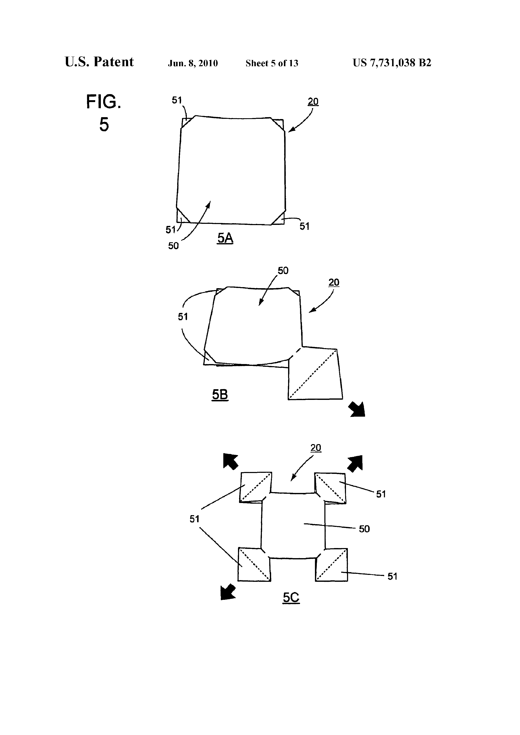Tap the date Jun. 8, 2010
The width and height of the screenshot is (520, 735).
[193, 63]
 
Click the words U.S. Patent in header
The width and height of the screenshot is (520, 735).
[99, 62]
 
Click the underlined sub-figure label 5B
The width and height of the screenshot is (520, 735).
[220, 395]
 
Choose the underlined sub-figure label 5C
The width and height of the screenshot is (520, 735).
[291, 597]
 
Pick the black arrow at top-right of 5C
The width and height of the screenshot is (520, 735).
[355, 463]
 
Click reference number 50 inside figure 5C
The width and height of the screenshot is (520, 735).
[364, 529]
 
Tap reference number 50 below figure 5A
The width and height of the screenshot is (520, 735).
[173, 246]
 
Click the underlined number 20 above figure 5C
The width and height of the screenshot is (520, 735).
[316, 448]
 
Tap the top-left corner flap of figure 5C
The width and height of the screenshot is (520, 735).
[256, 487]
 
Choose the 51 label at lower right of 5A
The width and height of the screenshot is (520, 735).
[304, 226]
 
